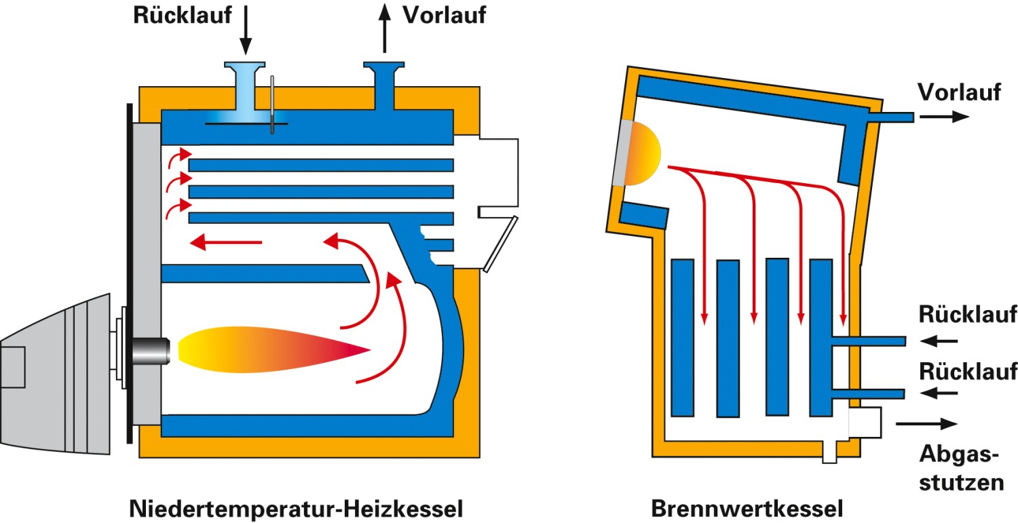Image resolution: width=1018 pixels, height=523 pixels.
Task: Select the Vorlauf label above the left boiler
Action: point(444,15)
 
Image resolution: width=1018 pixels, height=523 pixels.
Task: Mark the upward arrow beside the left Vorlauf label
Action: point(385,28)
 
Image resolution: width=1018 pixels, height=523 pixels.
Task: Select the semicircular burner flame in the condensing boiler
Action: point(643,155)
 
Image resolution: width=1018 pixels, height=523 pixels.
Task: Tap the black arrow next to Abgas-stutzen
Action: point(926,424)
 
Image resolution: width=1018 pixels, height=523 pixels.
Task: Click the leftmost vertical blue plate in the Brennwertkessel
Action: point(682,337)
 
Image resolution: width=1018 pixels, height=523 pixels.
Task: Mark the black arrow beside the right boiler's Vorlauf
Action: point(945,117)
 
